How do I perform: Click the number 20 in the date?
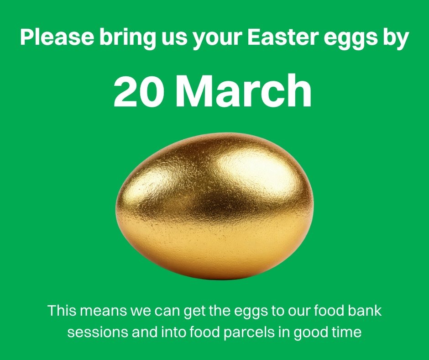tap(139, 91)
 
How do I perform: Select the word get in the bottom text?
tap(195, 312)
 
